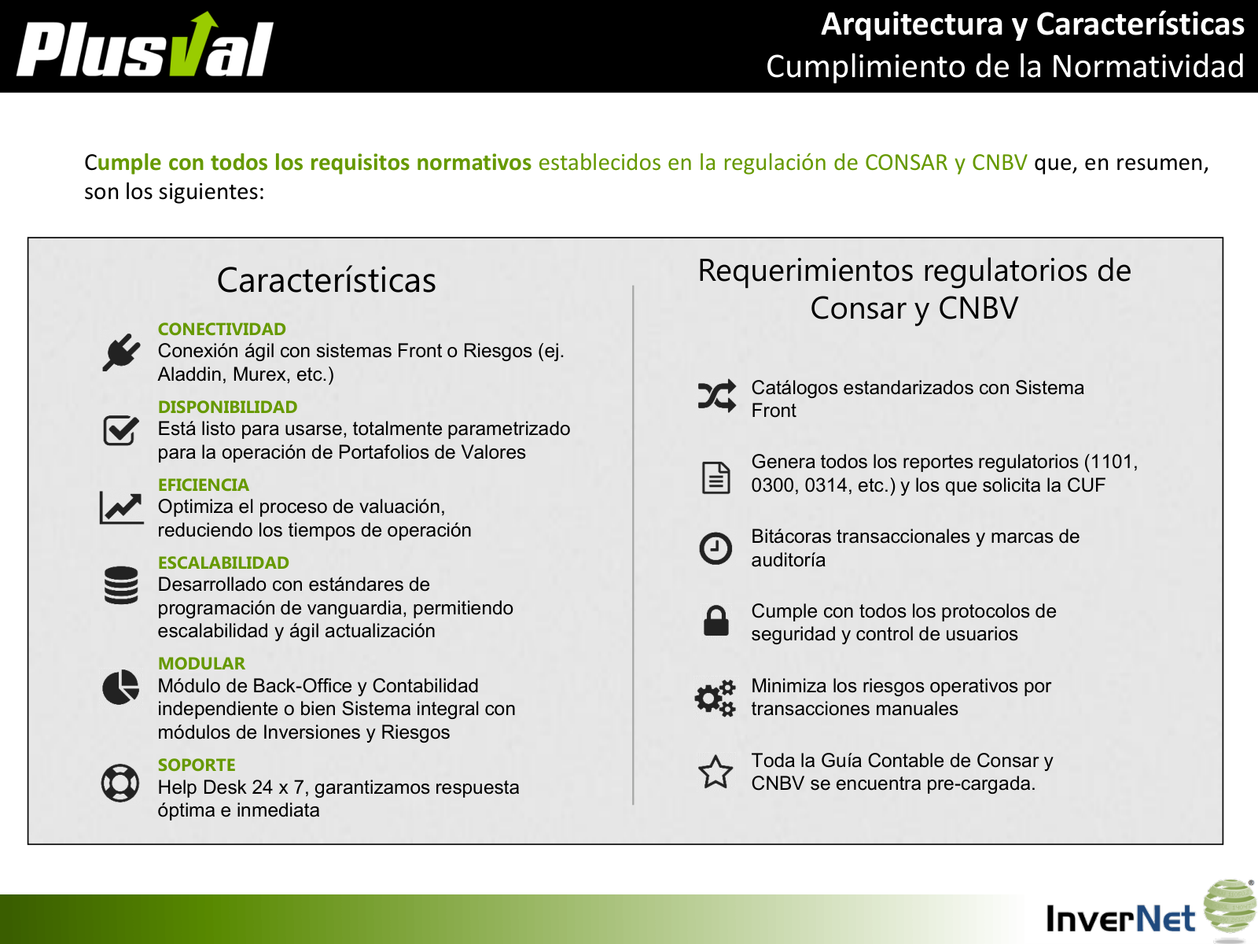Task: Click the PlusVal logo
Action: click(x=145, y=45)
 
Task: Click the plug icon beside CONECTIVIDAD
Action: click(x=121, y=352)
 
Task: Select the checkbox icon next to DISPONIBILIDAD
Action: click(x=121, y=430)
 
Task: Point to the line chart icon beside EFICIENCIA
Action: click(x=121, y=508)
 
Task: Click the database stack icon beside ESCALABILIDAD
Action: click(x=121, y=585)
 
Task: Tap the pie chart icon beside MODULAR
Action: click(x=120, y=687)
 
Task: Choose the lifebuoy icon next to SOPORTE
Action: click(x=120, y=783)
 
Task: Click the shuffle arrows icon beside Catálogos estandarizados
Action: click(x=716, y=396)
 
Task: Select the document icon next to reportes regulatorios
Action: click(x=715, y=477)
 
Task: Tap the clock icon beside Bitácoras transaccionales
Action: click(x=715, y=548)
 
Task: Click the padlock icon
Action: click(x=715, y=621)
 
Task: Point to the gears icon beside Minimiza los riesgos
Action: click(x=715, y=698)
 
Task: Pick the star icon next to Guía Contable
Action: click(x=715, y=772)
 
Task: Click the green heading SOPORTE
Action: click(x=197, y=765)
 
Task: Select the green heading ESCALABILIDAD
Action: click(x=223, y=562)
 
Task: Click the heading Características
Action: click(x=326, y=280)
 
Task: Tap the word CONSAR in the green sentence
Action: click(x=906, y=163)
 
